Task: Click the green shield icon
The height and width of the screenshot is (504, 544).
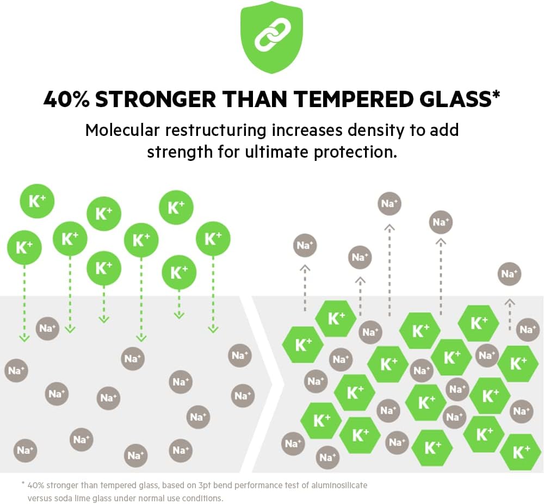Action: [271, 36]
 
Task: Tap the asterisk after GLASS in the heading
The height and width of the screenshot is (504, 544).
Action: [496, 96]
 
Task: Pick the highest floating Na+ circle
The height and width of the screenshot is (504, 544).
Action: [390, 203]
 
